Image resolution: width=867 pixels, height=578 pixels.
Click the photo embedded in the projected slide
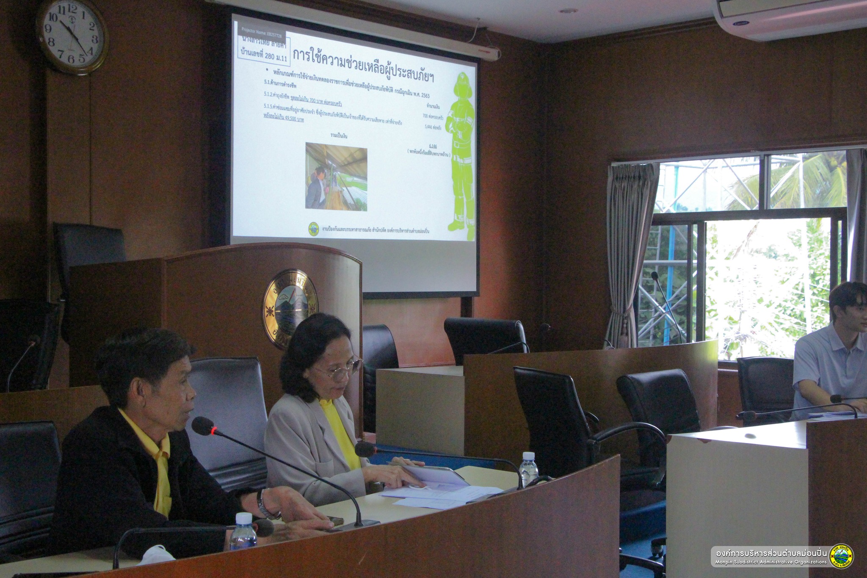pyautogui.click(x=336, y=177)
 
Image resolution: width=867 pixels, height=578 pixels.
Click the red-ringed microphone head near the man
pyautogui.click(x=204, y=425)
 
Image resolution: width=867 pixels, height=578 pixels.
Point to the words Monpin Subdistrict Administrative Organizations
pyautogui.click(x=770, y=562)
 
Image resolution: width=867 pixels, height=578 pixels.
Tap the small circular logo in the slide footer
pyautogui.click(x=314, y=229)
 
